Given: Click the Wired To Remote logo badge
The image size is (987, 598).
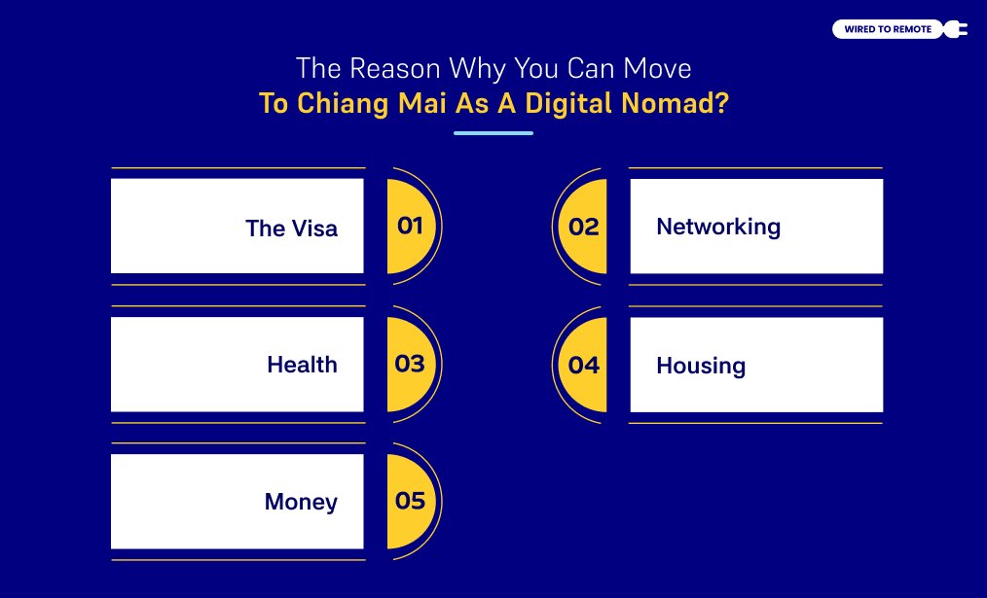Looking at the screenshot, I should [x=889, y=29].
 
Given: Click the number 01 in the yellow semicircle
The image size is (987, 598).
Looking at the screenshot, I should [x=410, y=226].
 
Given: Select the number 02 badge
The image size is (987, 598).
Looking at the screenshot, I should [x=584, y=227].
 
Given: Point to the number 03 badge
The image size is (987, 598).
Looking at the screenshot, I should [x=410, y=364].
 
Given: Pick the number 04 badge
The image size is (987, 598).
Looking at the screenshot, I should [x=584, y=365].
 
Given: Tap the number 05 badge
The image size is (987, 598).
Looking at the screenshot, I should [x=410, y=501].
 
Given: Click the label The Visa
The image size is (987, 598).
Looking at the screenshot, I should [x=291, y=229].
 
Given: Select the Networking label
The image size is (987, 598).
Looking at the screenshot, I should [x=718, y=227].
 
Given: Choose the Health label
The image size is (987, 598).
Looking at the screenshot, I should [x=302, y=365].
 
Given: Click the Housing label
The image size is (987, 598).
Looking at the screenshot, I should [x=701, y=366].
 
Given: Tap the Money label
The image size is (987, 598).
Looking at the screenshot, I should [x=301, y=502].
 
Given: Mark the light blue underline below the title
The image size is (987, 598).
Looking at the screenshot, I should [x=493, y=132].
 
